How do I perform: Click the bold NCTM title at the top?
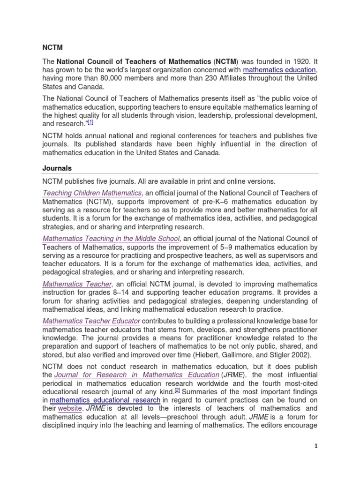tap(52, 48)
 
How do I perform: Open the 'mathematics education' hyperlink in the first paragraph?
tap(279, 70)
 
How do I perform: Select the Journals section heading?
tap(57, 168)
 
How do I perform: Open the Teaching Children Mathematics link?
tap(92, 193)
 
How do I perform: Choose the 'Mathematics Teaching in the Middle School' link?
tap(111, 239)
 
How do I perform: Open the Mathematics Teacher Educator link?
tap(91, 321)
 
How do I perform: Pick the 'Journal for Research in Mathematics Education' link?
tap(137, 375)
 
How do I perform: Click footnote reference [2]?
tap(177, 390)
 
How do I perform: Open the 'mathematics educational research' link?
tap(105, 400)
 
